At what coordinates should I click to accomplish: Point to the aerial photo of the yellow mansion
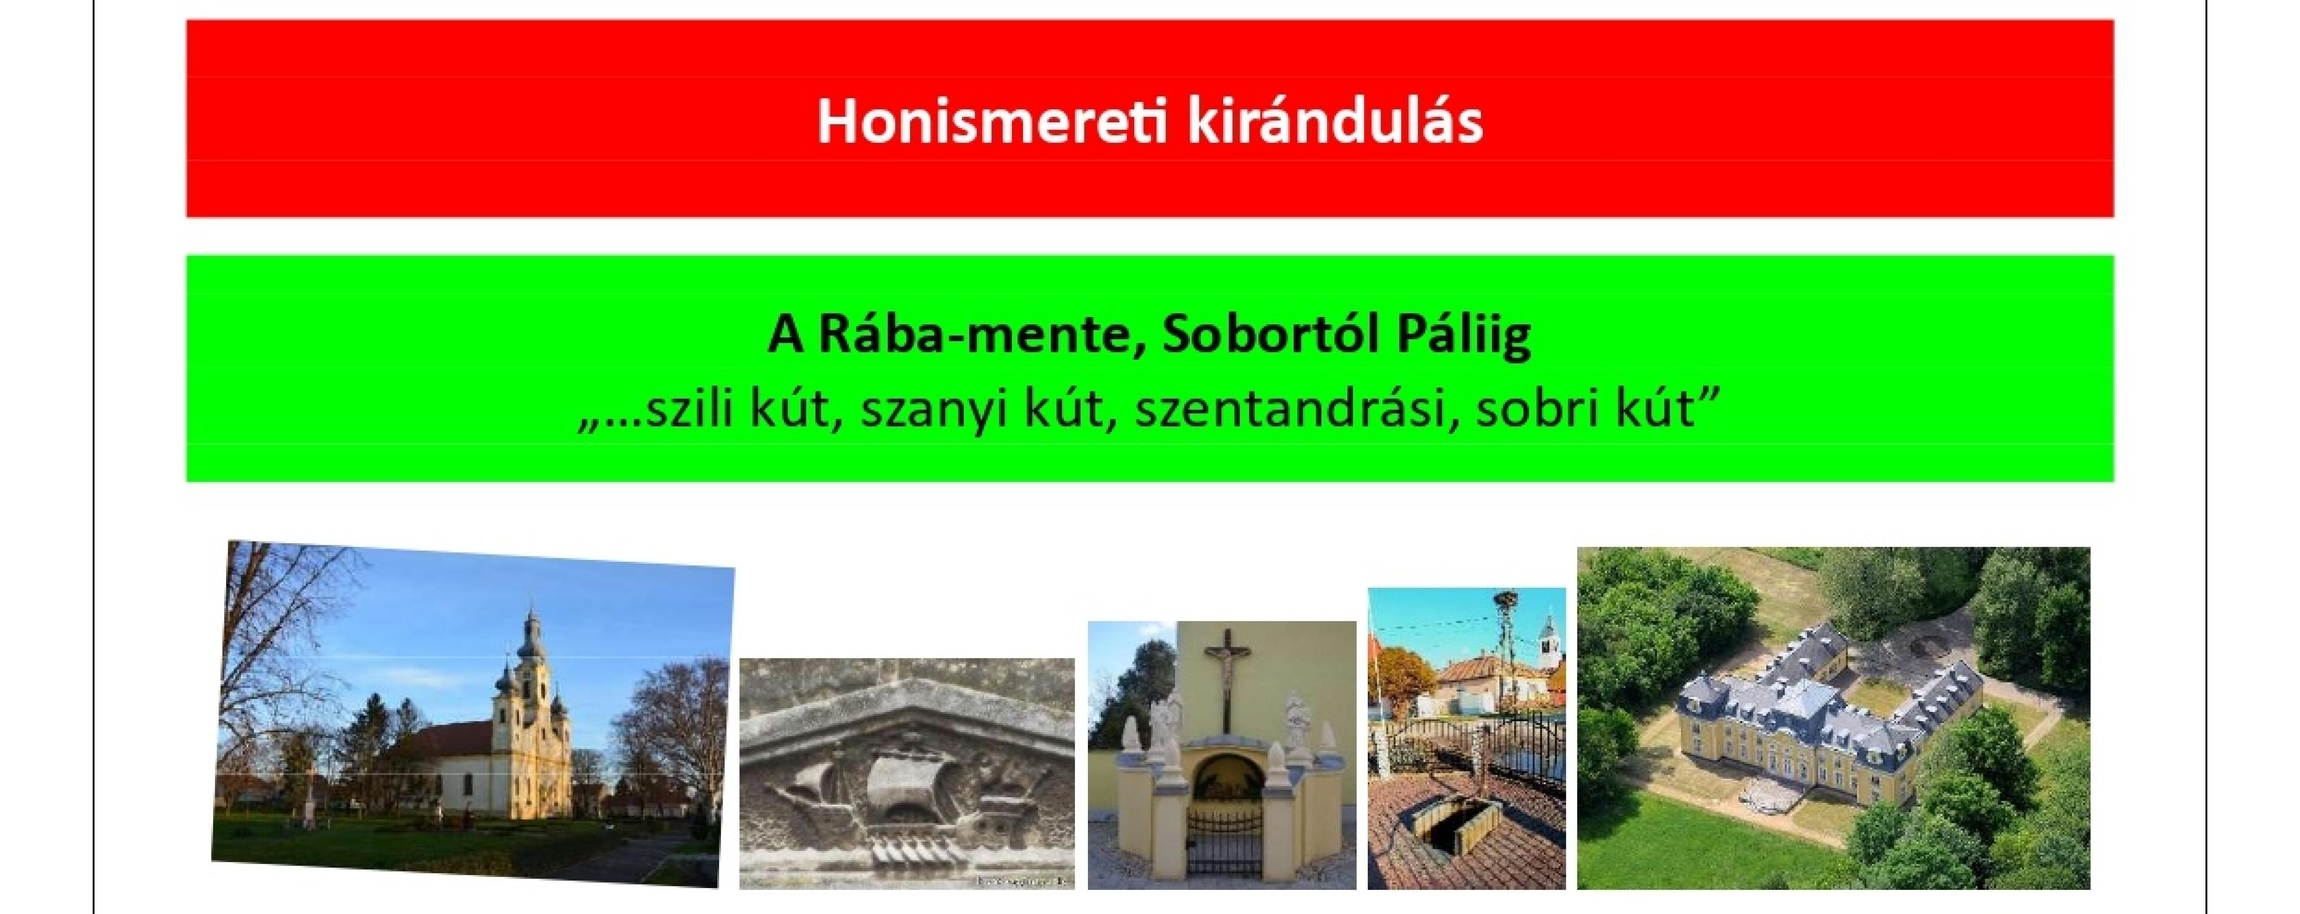1833,718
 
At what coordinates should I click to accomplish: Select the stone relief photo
907,773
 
